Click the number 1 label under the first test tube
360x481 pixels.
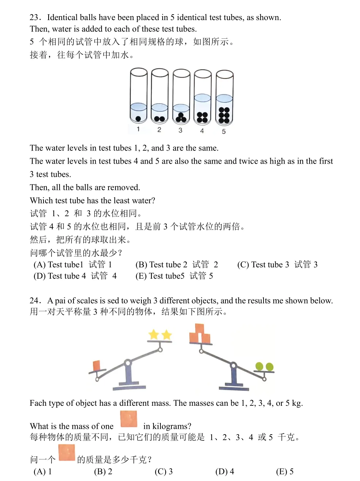138,129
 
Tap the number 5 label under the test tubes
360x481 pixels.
224,131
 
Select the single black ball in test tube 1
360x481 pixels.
138,118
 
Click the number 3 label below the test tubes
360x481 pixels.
180,130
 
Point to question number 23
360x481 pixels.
35,18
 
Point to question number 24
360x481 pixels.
35,301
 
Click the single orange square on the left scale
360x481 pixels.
97,365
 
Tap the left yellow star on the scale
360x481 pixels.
154,334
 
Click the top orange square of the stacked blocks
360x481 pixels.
200,328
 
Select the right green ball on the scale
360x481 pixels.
269,366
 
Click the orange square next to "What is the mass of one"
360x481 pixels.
129,419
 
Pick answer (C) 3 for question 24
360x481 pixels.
163,472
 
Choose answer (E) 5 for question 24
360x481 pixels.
285,472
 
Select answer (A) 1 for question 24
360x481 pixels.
42,472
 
